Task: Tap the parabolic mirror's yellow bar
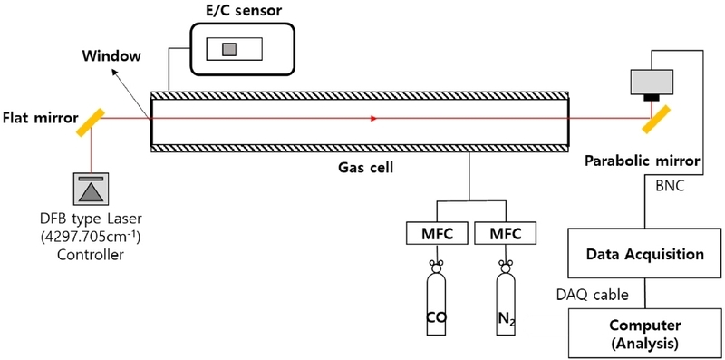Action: click(658, 116)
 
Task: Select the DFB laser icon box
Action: click(92, 189)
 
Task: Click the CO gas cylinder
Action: click(438, 304)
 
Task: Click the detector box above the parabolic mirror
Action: click(650, 83)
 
